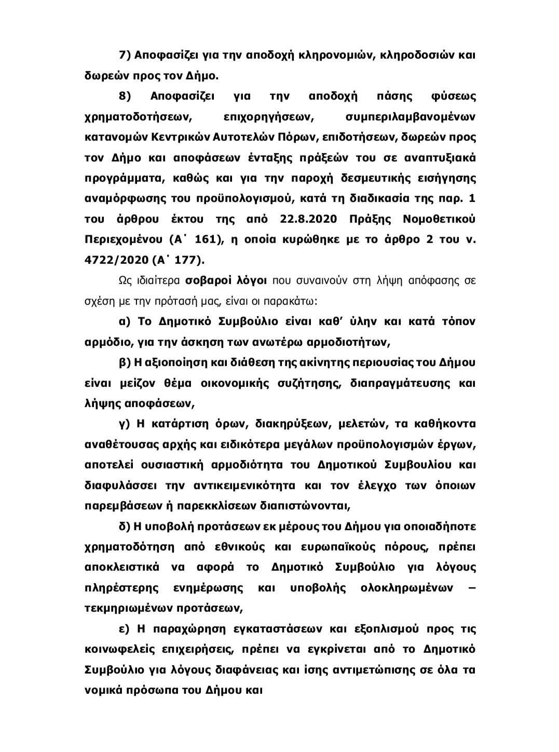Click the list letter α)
[125, 321]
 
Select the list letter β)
[125, 362]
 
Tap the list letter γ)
[124, 424]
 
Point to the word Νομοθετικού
[439, 219]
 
